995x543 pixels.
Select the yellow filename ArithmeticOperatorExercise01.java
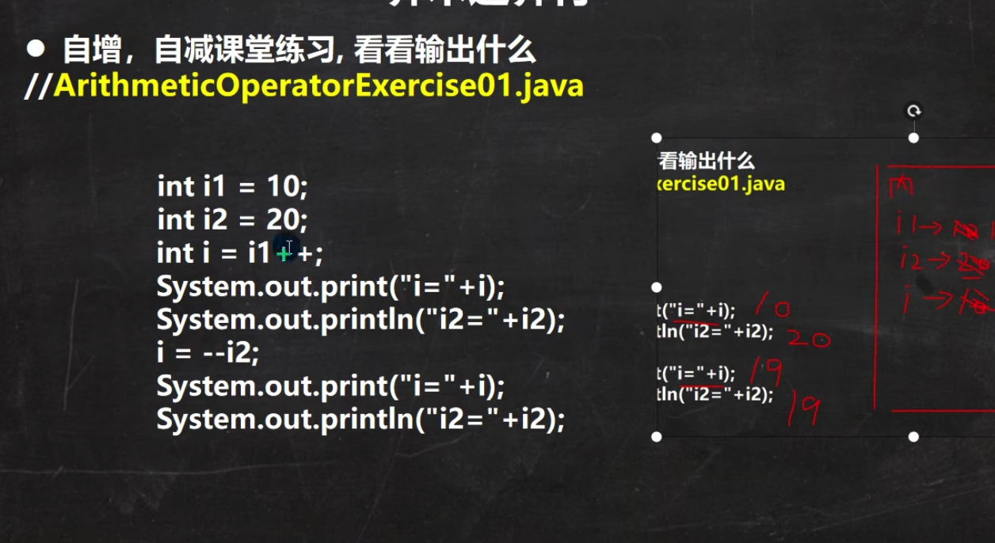pos(318,85)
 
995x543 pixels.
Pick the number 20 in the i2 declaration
pos(282,219)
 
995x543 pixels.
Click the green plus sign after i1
pos(283,253)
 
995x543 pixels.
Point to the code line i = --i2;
pos(208,353)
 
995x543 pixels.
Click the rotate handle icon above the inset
pos(914,112)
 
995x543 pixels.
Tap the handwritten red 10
pos(772,306)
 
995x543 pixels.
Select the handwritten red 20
pos(807,339)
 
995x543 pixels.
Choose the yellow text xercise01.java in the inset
pos(721,184)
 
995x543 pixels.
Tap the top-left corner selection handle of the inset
pos(656,138)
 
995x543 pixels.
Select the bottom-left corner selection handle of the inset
pos(656,436)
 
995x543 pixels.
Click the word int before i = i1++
pos(175,253)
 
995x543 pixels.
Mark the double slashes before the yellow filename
pos(38,85)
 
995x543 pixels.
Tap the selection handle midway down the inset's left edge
pos(656,287)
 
